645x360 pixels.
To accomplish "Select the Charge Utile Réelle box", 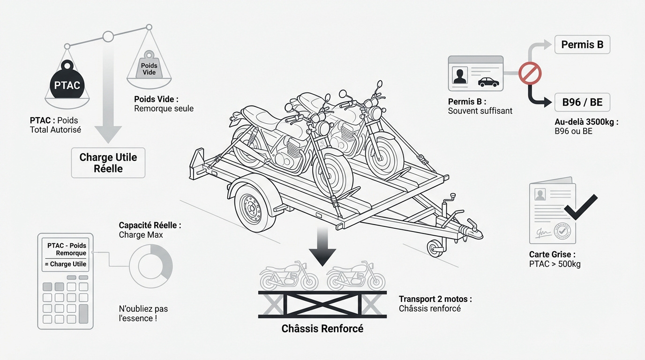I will point(108,163).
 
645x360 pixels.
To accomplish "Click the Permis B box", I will point(582,45).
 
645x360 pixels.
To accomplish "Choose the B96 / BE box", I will point(582,102).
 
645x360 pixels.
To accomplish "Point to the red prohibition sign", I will point(530,74).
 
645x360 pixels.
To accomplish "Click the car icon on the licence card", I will point(488,82).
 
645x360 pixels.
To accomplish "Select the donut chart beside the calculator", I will point(151,266).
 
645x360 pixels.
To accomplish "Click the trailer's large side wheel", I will point(254,208).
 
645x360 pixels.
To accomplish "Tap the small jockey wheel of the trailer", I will point(435,247).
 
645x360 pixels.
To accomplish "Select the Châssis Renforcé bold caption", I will point(322,329).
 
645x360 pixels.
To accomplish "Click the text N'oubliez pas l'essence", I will point(143,314).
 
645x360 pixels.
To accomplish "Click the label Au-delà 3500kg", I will point(586,122).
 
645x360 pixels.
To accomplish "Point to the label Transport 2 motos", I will point(435,299).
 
